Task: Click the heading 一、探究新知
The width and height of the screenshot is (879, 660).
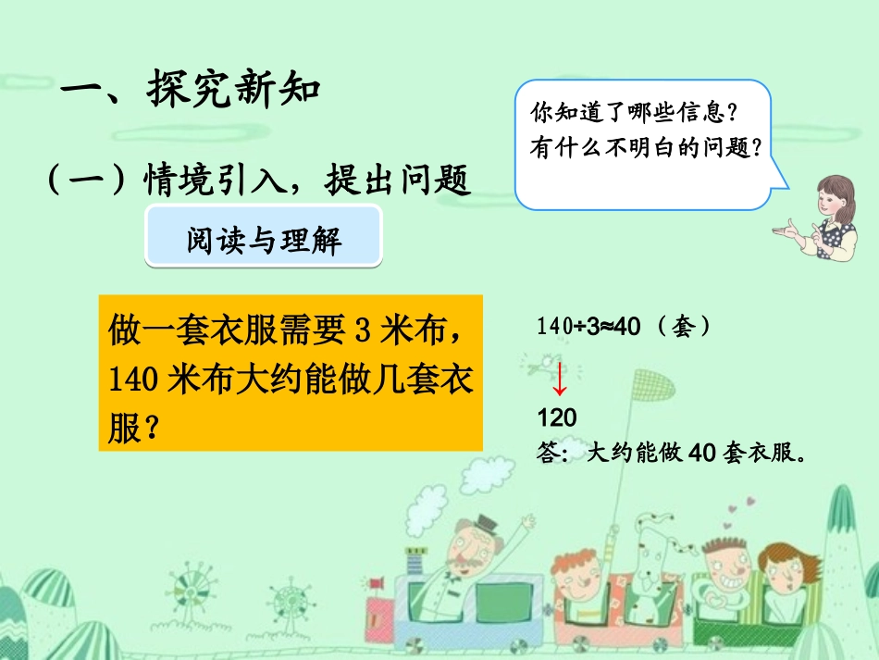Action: click(x=191, y=91)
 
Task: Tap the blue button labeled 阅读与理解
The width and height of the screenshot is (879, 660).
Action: click(x=265, y=240)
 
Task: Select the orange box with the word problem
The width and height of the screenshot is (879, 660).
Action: click(x=291, y=373)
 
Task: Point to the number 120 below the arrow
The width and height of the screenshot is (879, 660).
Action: click(x=556, y=418)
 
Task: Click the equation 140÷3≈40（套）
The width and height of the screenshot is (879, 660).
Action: click(x=624, y=327)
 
